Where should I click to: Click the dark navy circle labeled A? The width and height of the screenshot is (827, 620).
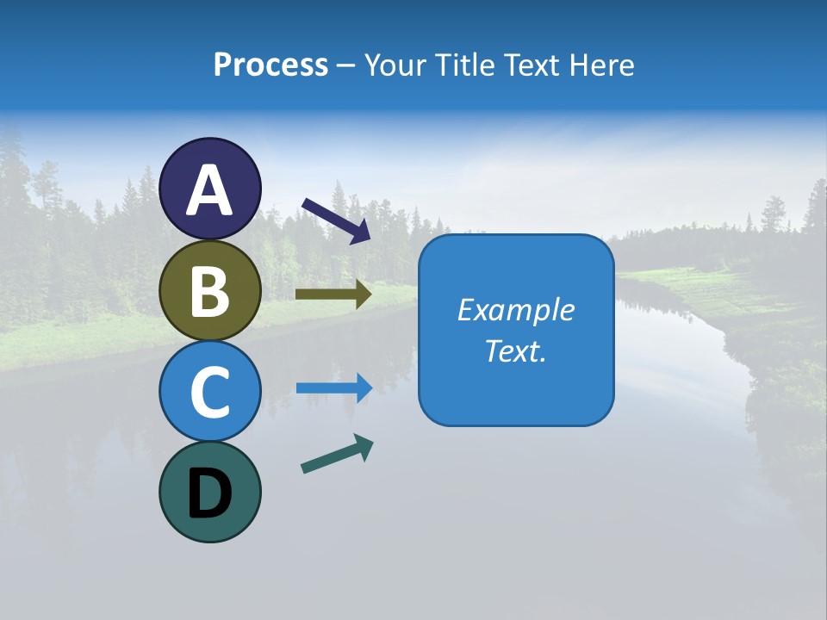click(x=210, y=189)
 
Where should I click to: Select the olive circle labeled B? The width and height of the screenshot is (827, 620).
click(x=210, y=290)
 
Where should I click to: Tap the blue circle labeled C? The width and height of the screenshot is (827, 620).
click(x=210, y=391)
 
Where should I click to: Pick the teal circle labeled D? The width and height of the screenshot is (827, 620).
click(x=210, y=492)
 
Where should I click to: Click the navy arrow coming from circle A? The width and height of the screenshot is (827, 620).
click(x=336, y=220)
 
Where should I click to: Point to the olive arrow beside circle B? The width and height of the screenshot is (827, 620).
click(x=333, y=294)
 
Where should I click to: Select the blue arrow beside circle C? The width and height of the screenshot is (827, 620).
click(x=334, y=387)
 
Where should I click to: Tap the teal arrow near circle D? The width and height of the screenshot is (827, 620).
click(x=337, y=454)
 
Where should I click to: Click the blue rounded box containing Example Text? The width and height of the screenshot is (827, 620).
click(x=516, y=331)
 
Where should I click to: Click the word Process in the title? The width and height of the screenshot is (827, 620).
click(x=270, y=65)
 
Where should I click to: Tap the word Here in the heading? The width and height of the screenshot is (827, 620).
click(x=606, y=65)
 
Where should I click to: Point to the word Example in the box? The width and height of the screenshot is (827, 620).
click(x=516, y=310)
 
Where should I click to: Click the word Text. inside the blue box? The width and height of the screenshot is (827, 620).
click(x=516, y=351)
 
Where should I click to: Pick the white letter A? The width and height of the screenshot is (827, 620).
click(x=210, y=190)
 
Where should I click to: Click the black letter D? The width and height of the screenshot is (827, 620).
click(x=210, y=494)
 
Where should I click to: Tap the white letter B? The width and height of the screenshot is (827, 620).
click(x=210, y=291)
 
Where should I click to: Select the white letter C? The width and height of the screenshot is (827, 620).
click(x=210, y=392)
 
